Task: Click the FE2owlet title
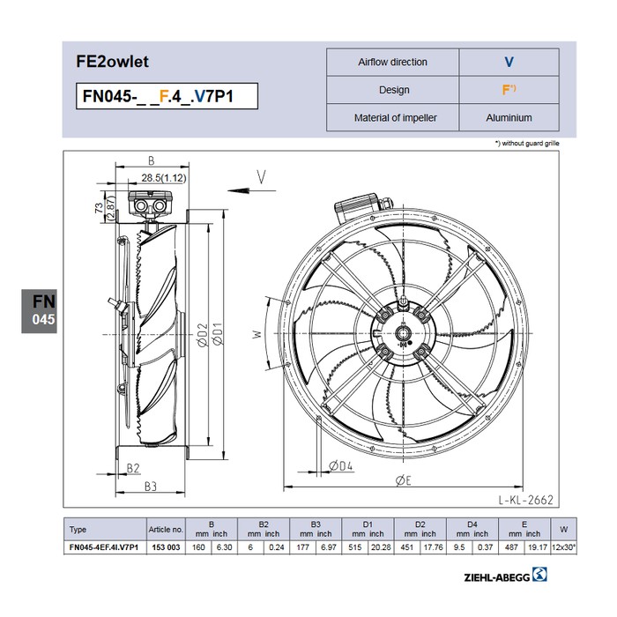pos(112,62)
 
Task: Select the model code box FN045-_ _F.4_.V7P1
pos(167,96)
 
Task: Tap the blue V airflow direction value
pos(509,63)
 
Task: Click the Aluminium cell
pos(509,117)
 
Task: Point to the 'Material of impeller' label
pos(395,117)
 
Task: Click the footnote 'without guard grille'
pos(527,143)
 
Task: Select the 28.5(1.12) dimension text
pos(164,178)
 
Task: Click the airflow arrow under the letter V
pos(251,191)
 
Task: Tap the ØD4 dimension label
pos(341,466)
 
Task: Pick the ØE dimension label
pos(404,480)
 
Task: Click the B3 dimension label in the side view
pos(151,487)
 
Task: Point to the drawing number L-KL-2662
pos(525,500)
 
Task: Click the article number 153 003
pos(166,547)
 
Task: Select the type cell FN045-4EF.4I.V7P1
pos(104,547)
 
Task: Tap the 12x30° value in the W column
pos(563,547)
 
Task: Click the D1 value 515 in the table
pos(355,547)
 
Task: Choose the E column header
pos(524,524)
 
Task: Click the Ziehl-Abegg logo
pos(505,575)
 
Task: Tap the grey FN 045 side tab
pos(39,311)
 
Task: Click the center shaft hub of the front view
pos(404,334)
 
